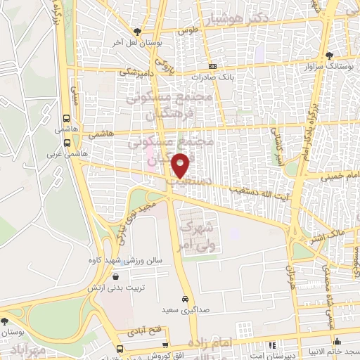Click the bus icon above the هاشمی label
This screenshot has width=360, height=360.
[x=67, y=119]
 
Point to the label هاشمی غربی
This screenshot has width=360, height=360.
[x=60, y=152]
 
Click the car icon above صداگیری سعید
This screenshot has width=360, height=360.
[x=184, y=297]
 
